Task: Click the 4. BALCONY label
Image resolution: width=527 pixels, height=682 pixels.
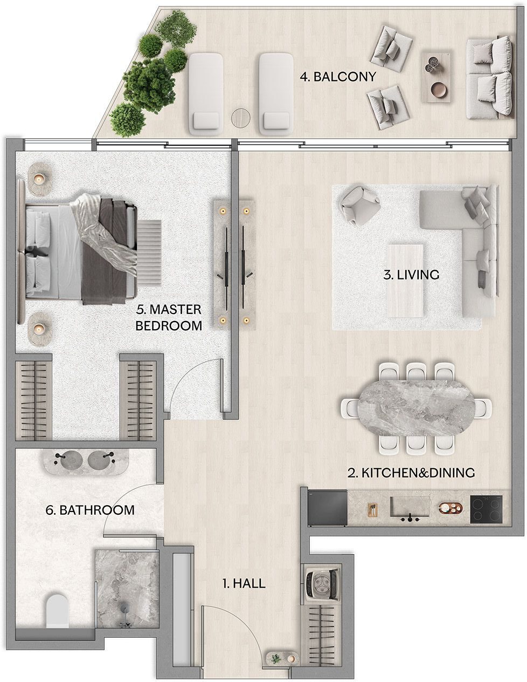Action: [338, 77]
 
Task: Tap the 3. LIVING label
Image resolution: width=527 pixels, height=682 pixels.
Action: [411, 275]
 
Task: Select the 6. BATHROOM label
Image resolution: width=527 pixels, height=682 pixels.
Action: [90, 510]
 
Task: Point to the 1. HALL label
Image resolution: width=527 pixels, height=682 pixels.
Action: [244, 583]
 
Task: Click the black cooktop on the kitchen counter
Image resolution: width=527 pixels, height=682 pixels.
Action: [486, 509]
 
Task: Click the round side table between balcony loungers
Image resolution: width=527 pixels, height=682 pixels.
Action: [241, 118]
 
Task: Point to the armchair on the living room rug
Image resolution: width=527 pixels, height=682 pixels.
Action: [360, 205]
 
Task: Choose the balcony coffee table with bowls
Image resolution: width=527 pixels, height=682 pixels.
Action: [438, 77]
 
